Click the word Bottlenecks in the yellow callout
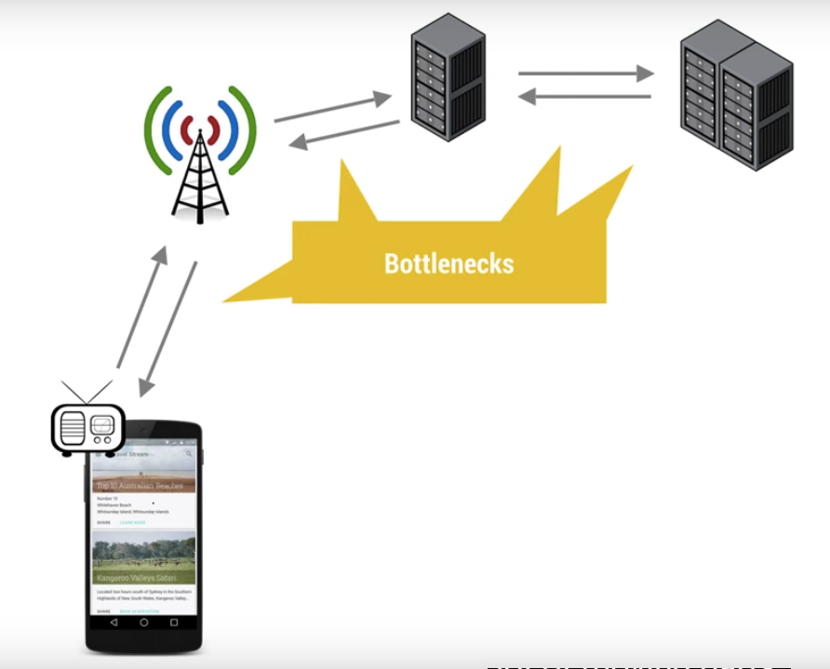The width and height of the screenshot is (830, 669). (x=448, y=263)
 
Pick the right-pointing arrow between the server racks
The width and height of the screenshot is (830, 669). (x=584, y=72)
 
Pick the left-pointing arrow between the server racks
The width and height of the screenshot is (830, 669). (x=584, y=95)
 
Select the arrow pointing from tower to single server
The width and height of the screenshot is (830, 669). (x=332, y=107)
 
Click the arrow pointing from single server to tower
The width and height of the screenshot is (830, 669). (x=343, y=132)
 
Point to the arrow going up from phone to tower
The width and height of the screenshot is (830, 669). (x=142, y=307)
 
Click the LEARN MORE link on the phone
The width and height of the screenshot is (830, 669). (x=133, y=523)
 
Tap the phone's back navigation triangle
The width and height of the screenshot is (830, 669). (x=114, y=622)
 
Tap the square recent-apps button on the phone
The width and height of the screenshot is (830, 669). (x=174, y=622)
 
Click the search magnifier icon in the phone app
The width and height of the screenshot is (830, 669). (x=189, y=454)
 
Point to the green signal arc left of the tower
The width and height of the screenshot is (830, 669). (x=153, y=130)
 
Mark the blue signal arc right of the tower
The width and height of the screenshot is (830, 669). (x=228, y=130)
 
